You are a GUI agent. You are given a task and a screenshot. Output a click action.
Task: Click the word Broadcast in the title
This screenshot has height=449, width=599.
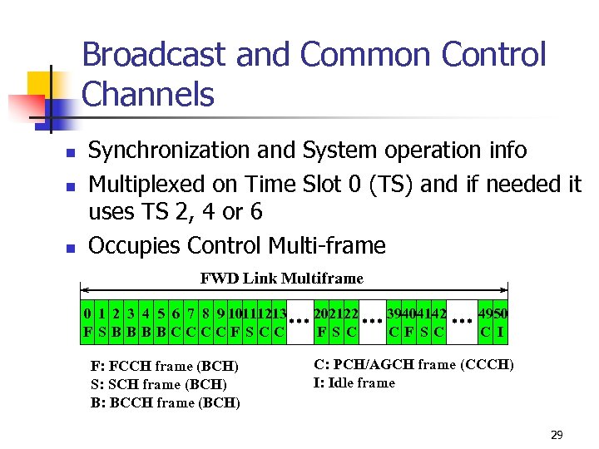pos(155,55)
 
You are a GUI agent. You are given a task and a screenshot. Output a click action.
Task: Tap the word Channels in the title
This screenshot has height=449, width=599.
pos(148,94)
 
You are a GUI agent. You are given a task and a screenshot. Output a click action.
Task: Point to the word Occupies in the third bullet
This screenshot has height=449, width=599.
pos(134,246)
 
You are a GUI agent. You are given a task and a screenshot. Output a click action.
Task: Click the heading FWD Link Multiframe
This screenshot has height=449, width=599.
pos(281,278)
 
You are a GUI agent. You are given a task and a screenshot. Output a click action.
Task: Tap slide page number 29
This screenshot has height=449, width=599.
pos(557,435)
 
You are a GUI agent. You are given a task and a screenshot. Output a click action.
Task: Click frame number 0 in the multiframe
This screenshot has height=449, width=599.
pos(87,314)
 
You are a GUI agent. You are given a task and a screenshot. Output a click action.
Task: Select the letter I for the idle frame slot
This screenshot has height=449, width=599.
pos(502,332)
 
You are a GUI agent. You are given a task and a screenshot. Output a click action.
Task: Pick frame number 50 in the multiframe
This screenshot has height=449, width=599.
pos(501,314)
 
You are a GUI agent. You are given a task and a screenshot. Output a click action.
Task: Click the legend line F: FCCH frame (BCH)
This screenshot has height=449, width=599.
pos(164,366)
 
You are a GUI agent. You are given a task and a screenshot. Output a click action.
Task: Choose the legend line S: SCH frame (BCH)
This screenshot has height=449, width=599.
pos(158,384)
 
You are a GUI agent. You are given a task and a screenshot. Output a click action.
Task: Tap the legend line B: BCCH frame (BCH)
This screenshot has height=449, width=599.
pos(165,403)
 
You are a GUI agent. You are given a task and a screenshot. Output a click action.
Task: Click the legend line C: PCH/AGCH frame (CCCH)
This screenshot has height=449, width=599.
pos(413,364)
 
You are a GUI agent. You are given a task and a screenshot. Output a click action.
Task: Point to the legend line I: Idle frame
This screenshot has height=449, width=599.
pos(354,382)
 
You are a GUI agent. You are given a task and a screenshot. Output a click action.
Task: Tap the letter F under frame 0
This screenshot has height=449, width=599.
pos(87,332)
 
